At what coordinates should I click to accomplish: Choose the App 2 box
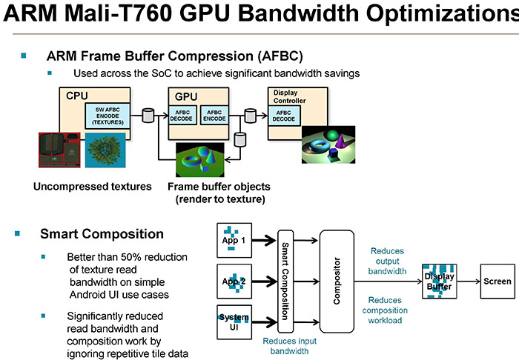point(237,281)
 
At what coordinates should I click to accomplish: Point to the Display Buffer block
point(438,281)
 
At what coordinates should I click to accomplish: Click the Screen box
point(497,281)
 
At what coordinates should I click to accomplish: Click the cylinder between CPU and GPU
point(148,115)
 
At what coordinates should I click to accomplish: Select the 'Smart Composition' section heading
point(102,235)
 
